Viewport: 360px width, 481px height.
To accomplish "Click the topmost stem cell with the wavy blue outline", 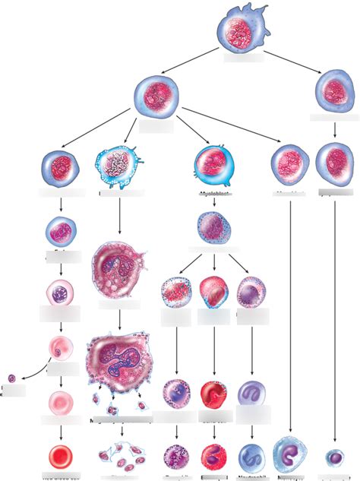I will pos(242,33).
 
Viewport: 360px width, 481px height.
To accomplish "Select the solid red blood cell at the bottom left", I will pos(59,457).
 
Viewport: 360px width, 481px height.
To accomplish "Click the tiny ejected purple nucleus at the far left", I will pos(11,378).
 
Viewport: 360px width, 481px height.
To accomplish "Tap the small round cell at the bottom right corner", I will pos(334,457).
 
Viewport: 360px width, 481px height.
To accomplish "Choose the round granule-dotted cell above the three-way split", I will pos(214,226).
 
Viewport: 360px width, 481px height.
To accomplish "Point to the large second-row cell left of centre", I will pos(156,97).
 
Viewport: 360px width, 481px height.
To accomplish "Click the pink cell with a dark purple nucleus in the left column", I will pos(58,293).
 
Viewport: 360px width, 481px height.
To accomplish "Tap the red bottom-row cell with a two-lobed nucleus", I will pos(213,457).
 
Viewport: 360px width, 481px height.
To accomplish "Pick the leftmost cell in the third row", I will pos(59,166).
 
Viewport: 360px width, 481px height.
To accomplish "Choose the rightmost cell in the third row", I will pos(335,163).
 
